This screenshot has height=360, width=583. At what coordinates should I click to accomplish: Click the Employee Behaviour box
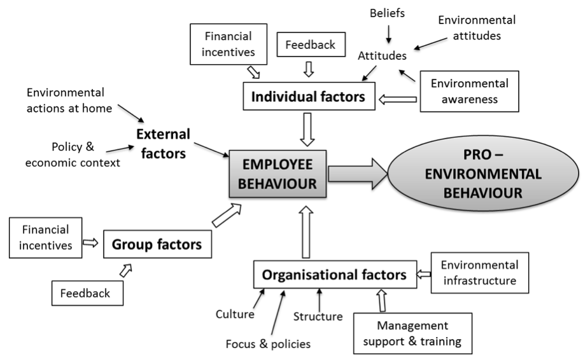pyautogui.click(x=277, y=174)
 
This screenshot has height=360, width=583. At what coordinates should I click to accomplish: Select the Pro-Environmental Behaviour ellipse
pyautogui.click(x=483, y=174)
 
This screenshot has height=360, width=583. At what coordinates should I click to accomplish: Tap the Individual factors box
pyautogui.click(x=309, y=96)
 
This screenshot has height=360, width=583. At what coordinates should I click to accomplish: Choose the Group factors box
pyautogui.click(x=157, y=244)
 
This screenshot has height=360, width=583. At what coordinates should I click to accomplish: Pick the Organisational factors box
pyautogui.click(x=335, y=275)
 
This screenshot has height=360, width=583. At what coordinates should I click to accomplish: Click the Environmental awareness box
pyautogui.click(x=469, y=92)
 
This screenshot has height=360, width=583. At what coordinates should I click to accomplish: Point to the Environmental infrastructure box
pyautogui.click(x=480, y=273)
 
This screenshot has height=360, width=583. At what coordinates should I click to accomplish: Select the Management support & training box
pyautogui.click(x=412, y=333)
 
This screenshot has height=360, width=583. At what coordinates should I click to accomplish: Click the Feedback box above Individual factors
pyautogui.click(x=311, y=45)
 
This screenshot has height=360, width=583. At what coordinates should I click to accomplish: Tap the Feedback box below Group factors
pyautogui.click(x=87, y=293)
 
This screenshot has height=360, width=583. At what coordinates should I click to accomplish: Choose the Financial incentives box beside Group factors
pyautogui.click(x=45, y=238)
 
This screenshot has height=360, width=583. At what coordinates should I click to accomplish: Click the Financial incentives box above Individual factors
pyautogui.click(x=228, y=45)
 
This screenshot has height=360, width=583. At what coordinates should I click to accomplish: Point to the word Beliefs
pyautogui.click(x=387, y=13)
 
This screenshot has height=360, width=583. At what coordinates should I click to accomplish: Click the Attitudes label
pyautogui.click(x=383, y=56)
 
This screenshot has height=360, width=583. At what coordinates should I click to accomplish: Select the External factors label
pyautogui.click(x=163, y=143)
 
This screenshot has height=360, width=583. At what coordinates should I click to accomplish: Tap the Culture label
pyautogui.click(x=235, y=314)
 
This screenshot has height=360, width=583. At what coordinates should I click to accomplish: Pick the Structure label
pyautogui.click(x=318, y=317)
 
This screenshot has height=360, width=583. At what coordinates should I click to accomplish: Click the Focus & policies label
pyautogui.click(x=268, y=344)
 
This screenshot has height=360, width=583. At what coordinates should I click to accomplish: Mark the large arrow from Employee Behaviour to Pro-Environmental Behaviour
pyautogui.click(x=358, y=174)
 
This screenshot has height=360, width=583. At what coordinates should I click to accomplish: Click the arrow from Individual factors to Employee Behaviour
pyautogui.click(x=307, y=130)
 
